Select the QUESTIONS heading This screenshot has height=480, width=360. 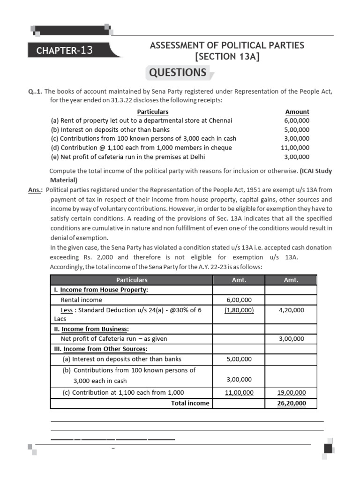178,73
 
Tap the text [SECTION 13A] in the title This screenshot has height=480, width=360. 227,56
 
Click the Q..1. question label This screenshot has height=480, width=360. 35,91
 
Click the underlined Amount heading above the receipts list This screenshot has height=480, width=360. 297,112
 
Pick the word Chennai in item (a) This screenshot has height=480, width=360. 220,120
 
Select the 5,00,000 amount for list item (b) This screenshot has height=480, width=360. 297,129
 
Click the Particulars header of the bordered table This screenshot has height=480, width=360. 132,280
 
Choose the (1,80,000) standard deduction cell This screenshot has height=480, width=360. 239,310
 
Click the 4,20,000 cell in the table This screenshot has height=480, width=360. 291,310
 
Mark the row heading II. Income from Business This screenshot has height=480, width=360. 92,329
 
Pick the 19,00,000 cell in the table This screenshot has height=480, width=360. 291,393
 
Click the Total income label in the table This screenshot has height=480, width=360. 190,403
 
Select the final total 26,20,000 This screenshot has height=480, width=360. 291,403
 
